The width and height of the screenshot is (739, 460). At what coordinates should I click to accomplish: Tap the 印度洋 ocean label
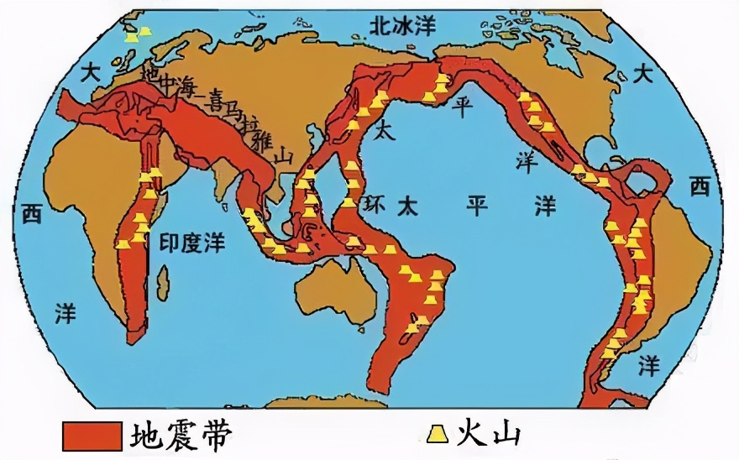191,243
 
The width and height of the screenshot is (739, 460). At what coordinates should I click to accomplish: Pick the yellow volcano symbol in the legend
436,434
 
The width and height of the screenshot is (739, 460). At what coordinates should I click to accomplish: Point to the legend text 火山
488,434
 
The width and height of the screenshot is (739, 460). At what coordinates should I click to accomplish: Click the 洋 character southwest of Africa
66,314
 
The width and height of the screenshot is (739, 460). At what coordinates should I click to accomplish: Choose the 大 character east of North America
642,74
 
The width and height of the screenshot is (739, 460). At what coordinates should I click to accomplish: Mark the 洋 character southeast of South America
647,365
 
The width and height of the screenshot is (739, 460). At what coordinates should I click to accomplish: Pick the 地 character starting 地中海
149,73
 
